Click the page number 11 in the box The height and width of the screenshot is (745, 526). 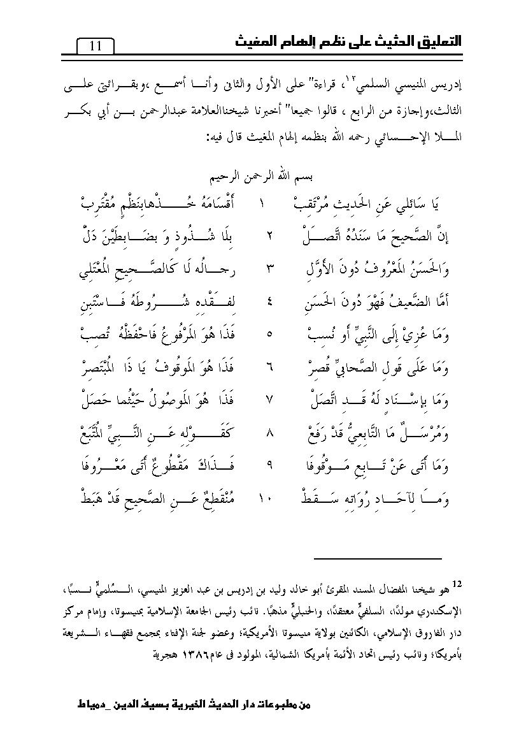(x=96, y=47)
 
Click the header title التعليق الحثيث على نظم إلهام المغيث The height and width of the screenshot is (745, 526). (x=346, y=42)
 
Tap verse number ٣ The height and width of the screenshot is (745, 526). (x=269, y=268)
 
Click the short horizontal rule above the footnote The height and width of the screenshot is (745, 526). (x=378, y=559)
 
